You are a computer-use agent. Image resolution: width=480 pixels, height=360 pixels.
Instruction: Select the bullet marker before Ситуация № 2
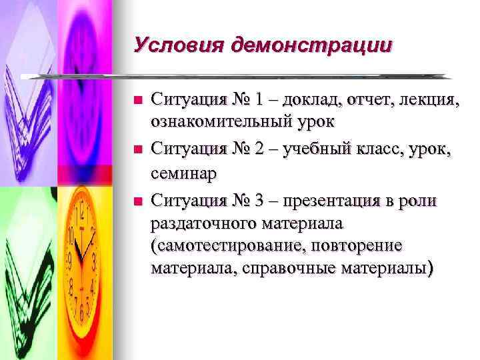coord(138,149)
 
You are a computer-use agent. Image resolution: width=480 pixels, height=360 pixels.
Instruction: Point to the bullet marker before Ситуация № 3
coord(138,199)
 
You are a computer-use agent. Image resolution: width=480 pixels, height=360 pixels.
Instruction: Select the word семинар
coord(184,173)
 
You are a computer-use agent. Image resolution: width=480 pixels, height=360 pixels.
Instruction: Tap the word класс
coord(376,149)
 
